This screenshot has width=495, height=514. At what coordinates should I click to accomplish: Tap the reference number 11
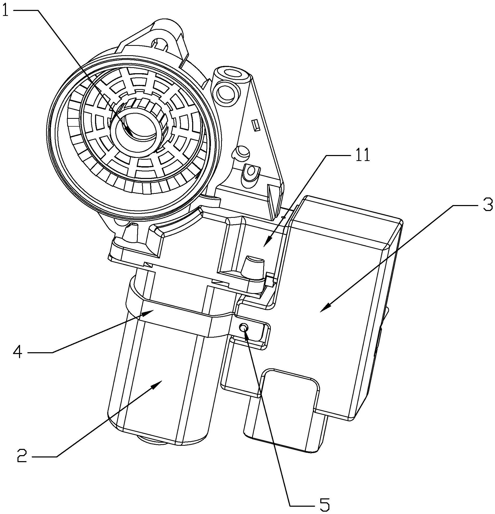point(362,155)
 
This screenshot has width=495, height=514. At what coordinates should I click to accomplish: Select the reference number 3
point(487,205)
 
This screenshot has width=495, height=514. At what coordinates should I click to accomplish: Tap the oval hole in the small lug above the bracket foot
point(251,171)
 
